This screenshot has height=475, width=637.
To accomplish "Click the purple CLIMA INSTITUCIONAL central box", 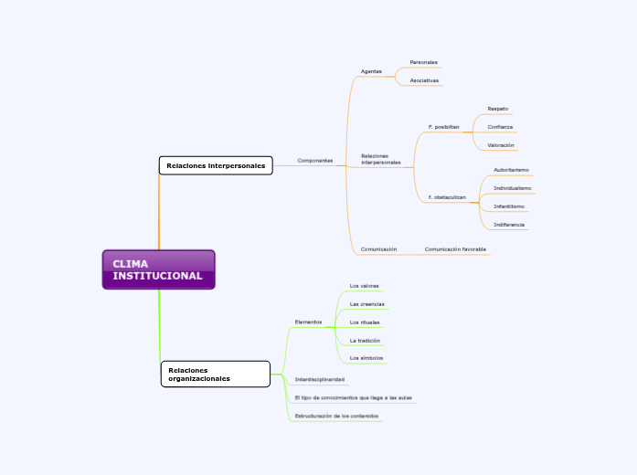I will tap(158, 269).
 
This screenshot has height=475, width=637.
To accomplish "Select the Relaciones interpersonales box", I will tap(216, 165).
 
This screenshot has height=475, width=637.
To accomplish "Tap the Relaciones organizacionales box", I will tap(216, 374).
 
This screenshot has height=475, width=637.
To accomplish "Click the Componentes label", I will tap(314, 160).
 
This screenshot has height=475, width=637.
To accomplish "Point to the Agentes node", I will tap(371, 71).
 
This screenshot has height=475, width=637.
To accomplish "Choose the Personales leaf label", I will tap(423, 62).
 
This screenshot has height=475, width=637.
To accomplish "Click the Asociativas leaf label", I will tap(424, 80).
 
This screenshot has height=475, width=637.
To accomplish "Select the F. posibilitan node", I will tap(443, 127).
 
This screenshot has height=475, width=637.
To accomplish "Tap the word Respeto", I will tap(498, 108).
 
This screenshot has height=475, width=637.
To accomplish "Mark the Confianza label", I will tap(500, 127).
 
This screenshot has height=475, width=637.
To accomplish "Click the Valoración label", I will tap(501, 145).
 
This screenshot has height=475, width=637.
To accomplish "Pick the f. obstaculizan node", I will tap(447, 197).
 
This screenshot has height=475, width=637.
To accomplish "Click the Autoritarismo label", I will tap(511, 170).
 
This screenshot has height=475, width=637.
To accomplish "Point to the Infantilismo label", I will tap(509, 206).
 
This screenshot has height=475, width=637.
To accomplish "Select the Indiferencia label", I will tap(509, 225).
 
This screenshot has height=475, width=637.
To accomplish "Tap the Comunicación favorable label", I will tap(455, 248).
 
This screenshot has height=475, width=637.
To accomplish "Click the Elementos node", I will tap(308, 322).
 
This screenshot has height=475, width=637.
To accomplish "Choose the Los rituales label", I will tap(365, 322).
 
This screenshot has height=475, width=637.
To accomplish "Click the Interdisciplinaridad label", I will tap(320, 378).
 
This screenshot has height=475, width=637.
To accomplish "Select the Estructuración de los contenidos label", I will tap(336, 416).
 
